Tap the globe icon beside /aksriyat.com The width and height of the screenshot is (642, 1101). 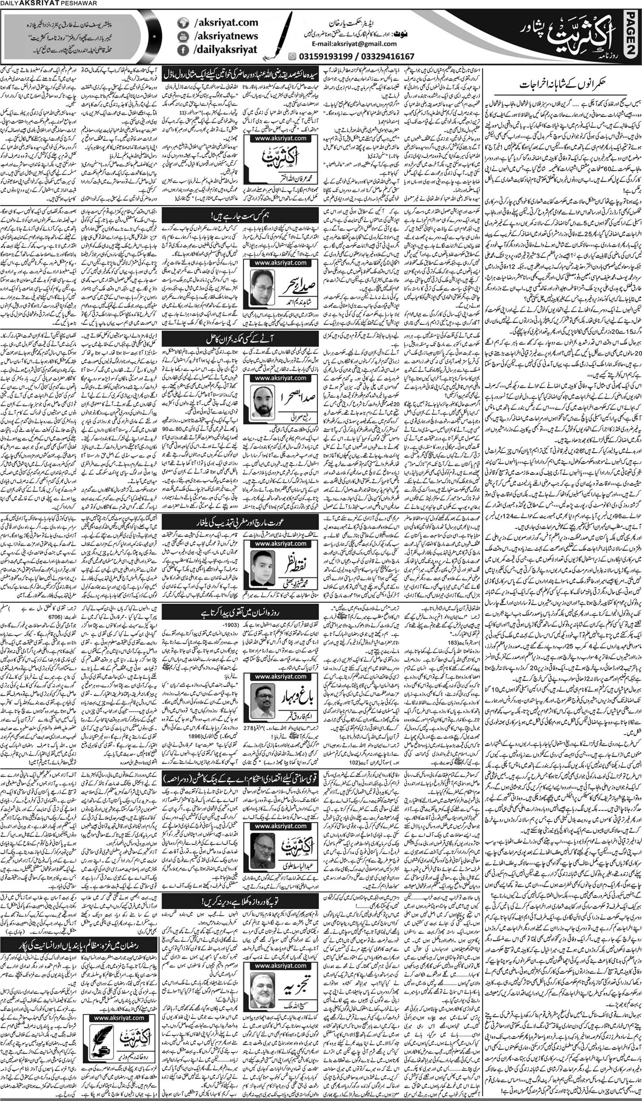[x=182, y=22]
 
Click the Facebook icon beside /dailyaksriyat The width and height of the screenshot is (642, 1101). [x=182, y=52]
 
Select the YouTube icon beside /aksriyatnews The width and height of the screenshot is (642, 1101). [x=182, y=37]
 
